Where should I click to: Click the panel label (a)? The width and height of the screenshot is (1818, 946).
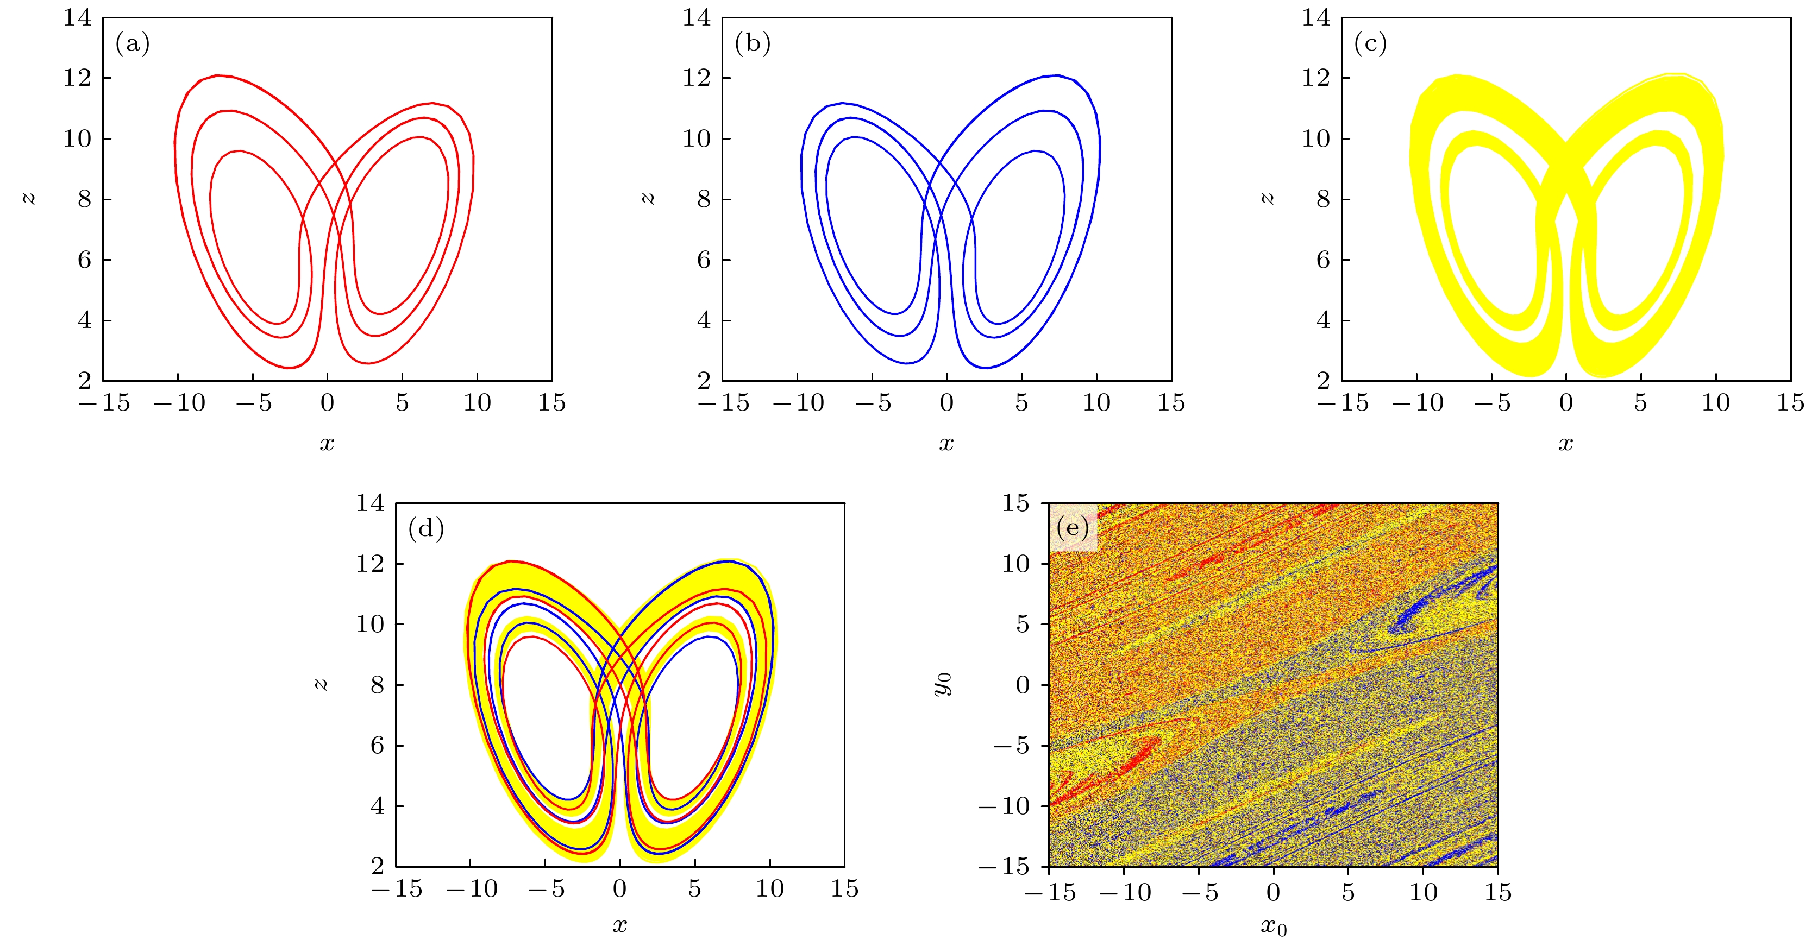pyautogui.click(x=133, y=44)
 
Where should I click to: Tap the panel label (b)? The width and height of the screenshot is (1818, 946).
pyautogui.click(x=753, y=44)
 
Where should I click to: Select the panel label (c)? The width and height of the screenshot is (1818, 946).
pyautogui.click(x=1370, y=44)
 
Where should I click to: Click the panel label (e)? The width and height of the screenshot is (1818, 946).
pyautogui.click(x=1073, y=528)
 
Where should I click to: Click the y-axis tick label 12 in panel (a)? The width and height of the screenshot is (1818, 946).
pyautogui.click(x=78, y=78)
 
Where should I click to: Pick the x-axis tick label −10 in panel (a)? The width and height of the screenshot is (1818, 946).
pyautogui.click(x=179, y=403)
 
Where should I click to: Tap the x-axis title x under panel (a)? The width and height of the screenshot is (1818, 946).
pyautogui.click(x=327, y=443)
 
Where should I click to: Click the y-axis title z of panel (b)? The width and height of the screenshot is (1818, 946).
pyautogui.click(x=648, y=198)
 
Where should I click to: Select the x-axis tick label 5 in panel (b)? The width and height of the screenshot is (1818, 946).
pyautogui.click(x=1021, y=403)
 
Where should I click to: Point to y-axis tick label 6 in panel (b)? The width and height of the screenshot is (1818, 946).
pyautogui.click(x=704, y=260)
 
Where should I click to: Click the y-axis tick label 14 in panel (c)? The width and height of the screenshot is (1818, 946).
pyautogui.click(x=1316, y=17)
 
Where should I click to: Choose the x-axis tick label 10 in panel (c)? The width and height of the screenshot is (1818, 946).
pyautogui.click(x=1716, y=403)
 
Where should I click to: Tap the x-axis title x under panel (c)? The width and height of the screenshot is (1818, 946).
pyautogui.click(x=1566, y=443)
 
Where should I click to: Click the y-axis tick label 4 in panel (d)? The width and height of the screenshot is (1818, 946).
pyautogui.click(x=378, y=805)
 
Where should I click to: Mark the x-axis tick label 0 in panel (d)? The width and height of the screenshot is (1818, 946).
pyautogui.click(x=619, y=889)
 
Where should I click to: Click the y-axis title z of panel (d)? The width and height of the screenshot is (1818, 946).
pyautogui.click(x=321, y=684)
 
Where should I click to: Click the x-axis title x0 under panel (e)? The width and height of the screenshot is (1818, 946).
pyautogui.click(x=1274, y=926)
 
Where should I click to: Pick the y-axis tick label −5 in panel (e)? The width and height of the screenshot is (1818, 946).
pyautogui.click(x=1013, y=746)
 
